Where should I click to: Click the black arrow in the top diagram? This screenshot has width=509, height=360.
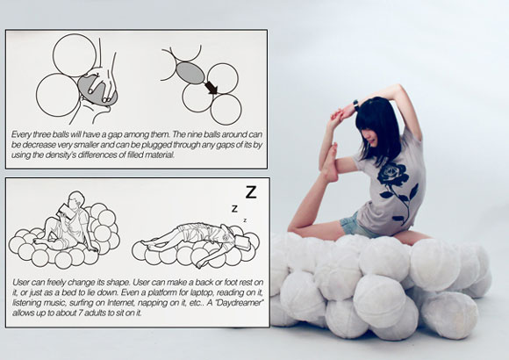pyautogui.click(x=211, y=88)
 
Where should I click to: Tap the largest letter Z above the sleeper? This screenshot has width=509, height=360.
pyautogui.click(x=251, y=192)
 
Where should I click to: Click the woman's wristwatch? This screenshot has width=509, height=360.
pyautogui.click(x=356, y=104)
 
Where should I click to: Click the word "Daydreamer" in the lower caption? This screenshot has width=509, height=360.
pyautogui.click(x=239, y=303)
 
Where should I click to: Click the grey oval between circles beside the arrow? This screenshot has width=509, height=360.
pyautogui.click(x=190, y=73)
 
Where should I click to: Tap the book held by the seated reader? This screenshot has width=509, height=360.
pyautogui.click(x=63, y=212)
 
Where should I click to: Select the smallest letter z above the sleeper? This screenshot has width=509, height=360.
pyautogui.click(x=245, y=220)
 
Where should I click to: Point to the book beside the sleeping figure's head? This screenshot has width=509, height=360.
pyautogui.click(x=241, y=242)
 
